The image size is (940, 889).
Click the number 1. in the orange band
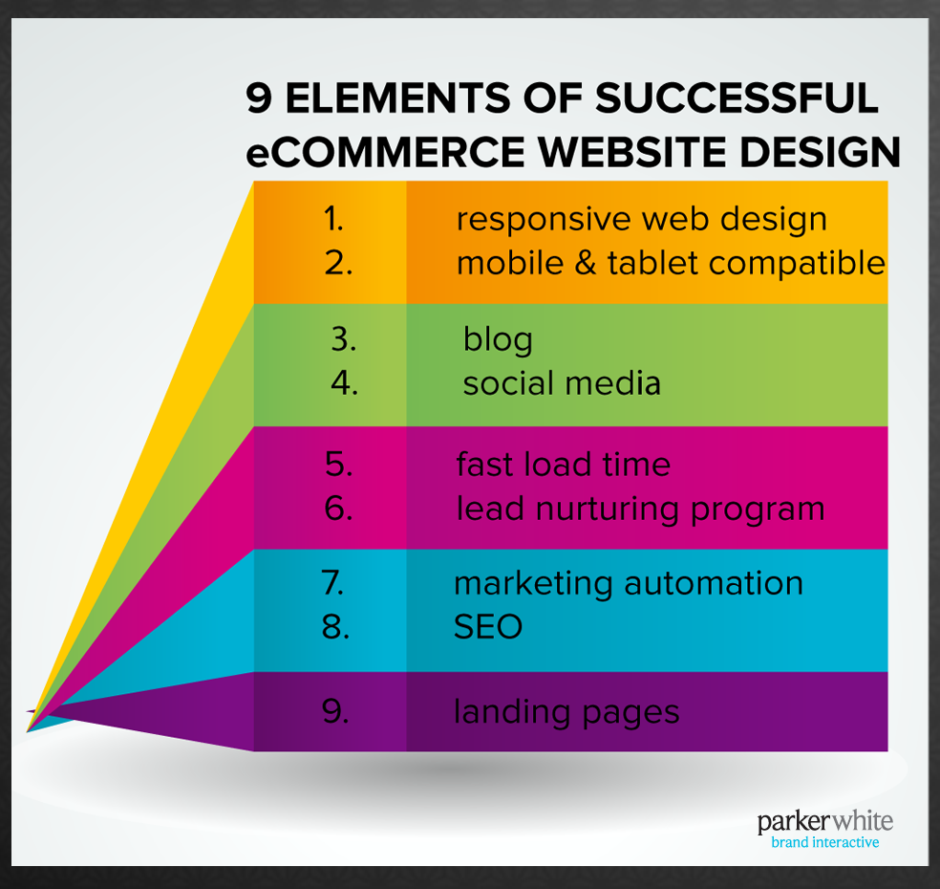pos(333,220)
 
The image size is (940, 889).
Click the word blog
pos(498,339)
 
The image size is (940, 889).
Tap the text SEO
pos(488,627)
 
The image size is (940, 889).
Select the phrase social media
pos(562,383)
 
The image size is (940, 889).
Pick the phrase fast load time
pos(563,465)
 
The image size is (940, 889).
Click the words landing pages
pos(566,713)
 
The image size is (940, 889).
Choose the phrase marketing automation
pos(628,582)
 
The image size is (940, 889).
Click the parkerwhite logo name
pos(824,822)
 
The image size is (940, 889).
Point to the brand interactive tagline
pos(824,842)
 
